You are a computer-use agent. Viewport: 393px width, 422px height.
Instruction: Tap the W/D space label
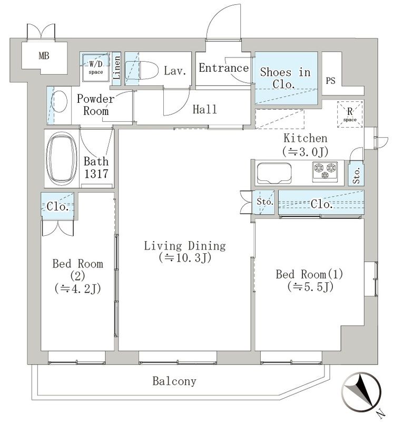click(x=96, y=67)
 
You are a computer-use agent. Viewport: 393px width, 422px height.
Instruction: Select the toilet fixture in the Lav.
click(x=144, y=70)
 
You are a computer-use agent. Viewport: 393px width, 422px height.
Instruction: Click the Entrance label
click(x=223, y=68)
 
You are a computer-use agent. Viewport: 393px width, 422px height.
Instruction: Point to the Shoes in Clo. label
click(x=285, y=78)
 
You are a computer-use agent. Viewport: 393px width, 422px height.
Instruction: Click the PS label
click(x=330, y=81)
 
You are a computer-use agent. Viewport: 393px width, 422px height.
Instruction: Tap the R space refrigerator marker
click(x=350, y=113)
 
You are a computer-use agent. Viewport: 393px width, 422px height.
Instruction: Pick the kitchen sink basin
click(x=273, y=172)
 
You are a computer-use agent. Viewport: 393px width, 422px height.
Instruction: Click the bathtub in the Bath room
click(x=63, y=159)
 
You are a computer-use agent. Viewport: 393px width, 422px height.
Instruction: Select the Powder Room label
click(x=95, y=105)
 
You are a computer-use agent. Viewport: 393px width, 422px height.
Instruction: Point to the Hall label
click(x=204, y=110)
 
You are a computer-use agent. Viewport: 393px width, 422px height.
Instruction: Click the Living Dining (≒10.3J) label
click(x=185, y=252)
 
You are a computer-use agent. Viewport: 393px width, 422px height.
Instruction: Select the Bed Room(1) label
click(x=309, y=280)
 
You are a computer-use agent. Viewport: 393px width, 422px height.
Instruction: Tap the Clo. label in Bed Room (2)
click(x=57, y=207)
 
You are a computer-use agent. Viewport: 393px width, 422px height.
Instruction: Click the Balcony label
click(x=174, y=381)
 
